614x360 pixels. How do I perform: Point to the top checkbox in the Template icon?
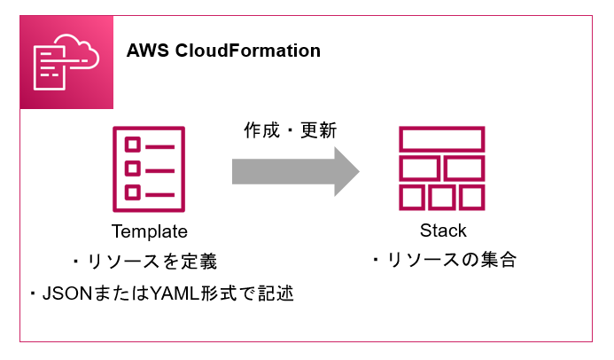pyautogui.click(x=132, y=144)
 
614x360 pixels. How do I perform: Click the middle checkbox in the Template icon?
pyautogui.click(x=132, y=168)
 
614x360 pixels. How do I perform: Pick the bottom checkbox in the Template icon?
pyautogui.click(x=132, y=192)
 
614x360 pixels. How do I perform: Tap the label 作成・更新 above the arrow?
pyautogui.click(x=290, y=129)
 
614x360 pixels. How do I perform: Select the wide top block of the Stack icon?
pyautogui.click(x=441, y=140)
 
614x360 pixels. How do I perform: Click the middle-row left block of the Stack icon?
pyautogui.click(x=419, y=168)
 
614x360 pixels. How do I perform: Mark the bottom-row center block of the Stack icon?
pyautogui.click(x=441, y=196)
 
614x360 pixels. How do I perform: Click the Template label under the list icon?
pyautogui.click(x=150, y=232)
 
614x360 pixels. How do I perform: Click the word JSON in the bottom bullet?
pyautogui.click(x=63, y=293)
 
